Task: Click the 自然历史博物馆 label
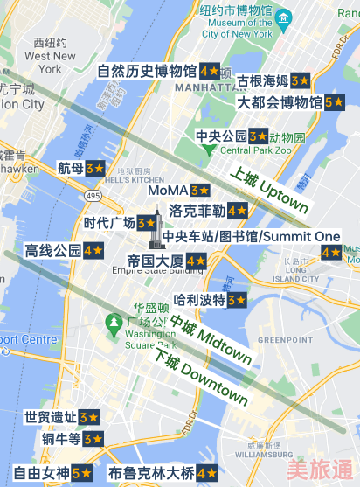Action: pyautogui.click(x=147, y=71)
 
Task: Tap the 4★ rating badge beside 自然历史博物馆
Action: pyautogui.click(x=210, y=71)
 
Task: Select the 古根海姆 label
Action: pyautogui.click(x=263, y=80)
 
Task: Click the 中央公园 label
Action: pyautogui.click(x=221, y=136)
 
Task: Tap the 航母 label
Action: pyautogui.click(x=71, y=167)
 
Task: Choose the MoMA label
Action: pyautogui.click(x=168, y=190)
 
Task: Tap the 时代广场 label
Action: pyautogui.click(x=109, y=223)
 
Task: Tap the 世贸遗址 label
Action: pyautogui.click(x=51, y=417)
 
